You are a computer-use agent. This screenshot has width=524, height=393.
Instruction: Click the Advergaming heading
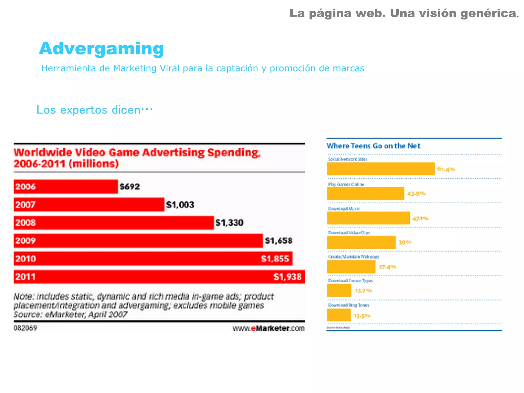click(101, 49)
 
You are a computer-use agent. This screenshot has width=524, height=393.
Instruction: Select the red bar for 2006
click(66, 187)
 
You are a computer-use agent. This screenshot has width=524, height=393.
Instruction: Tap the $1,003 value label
click(180, 205)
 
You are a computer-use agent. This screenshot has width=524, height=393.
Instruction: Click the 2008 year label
click(26, 223)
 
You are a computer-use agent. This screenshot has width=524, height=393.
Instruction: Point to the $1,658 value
click(278, 241)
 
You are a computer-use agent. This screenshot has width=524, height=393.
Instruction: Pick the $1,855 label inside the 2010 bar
click(275, 259)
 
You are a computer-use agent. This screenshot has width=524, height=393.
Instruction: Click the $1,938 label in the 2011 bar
click(287, 277)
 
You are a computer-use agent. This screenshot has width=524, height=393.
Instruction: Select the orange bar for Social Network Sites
click(381, 169)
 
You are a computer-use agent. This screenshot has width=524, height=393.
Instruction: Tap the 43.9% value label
click(416, 194)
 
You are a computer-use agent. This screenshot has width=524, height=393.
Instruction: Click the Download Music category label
click(344, 209)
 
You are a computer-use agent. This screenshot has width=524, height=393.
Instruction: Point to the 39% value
click(405, 242)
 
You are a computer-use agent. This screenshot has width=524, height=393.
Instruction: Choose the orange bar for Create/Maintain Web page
click(351, 267)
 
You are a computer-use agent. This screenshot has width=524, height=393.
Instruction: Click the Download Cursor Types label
click(350, 280)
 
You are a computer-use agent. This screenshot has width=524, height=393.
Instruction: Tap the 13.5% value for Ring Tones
click(362, 316)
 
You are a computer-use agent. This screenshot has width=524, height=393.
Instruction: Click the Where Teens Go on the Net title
click(373, 146)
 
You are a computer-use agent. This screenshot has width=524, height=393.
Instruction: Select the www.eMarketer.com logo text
click(268, 328)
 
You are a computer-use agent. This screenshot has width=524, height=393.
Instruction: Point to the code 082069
click(25, 328)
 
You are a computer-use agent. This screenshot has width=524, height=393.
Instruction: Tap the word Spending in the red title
click(234, 153)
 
